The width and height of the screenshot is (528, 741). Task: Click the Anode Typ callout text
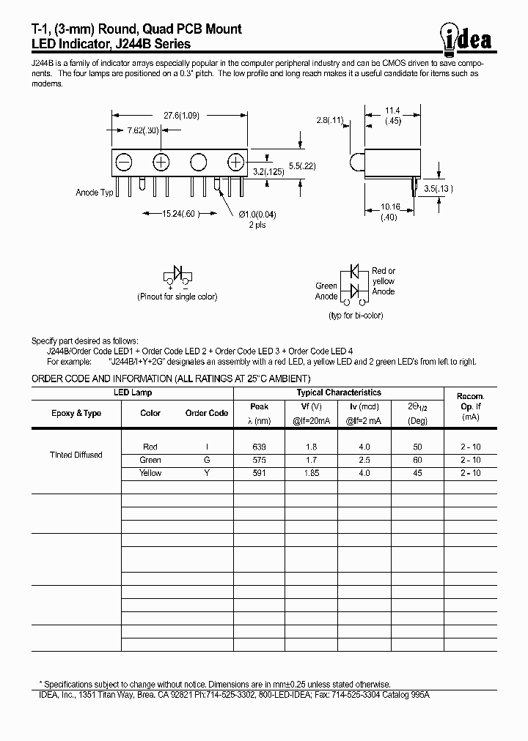tap(95, 193)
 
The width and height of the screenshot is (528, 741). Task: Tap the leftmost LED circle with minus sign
tap(124, 162)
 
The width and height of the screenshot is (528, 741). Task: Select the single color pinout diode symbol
tap(177, 274)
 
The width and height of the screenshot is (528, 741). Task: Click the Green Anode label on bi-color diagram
tap(326, 291)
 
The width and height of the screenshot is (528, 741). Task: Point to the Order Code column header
tap(207, 413)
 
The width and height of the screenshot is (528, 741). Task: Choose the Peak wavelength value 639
tap(259, 447)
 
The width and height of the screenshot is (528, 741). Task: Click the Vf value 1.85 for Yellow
tap(312, 473)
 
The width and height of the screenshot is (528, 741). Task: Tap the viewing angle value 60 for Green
tap(418, 460)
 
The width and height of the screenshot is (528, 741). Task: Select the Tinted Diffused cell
tap(76, 455)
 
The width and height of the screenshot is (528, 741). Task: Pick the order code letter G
tap(206, 460)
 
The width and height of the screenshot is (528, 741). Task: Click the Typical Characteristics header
tap(338, 393)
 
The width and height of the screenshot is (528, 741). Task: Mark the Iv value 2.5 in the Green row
tap(364, 460)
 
